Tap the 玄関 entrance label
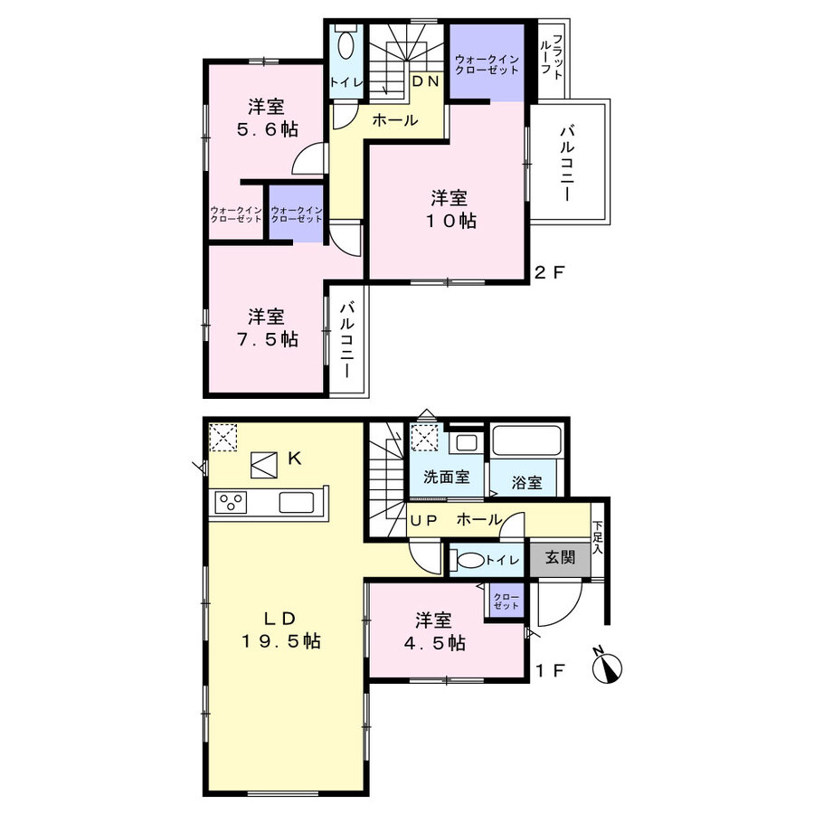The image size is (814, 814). (x=560, y=558)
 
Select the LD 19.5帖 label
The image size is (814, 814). (x=281, y=629)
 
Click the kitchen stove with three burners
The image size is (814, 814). (x=231, y=503)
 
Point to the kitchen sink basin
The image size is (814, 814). (x=297, y=503)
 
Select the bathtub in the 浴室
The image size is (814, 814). (x=526, y=441)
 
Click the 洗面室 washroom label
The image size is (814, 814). (x=447, y=477)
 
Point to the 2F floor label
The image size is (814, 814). (x=549, y=272)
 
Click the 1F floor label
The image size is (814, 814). (x=550, y=671)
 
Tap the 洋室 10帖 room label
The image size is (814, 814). (x=450, y=209)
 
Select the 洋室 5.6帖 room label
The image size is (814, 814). (x=268, y=118)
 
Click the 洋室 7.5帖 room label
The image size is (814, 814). (x=268, y=327)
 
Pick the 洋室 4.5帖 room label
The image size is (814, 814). (x=434, y=631)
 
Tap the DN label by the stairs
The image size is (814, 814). (x=426, y=81)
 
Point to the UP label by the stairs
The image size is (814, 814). (x=424, y=521)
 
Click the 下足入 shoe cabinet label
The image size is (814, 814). (x=598, y=536)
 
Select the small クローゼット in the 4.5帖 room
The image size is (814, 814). (x=506, y=601)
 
